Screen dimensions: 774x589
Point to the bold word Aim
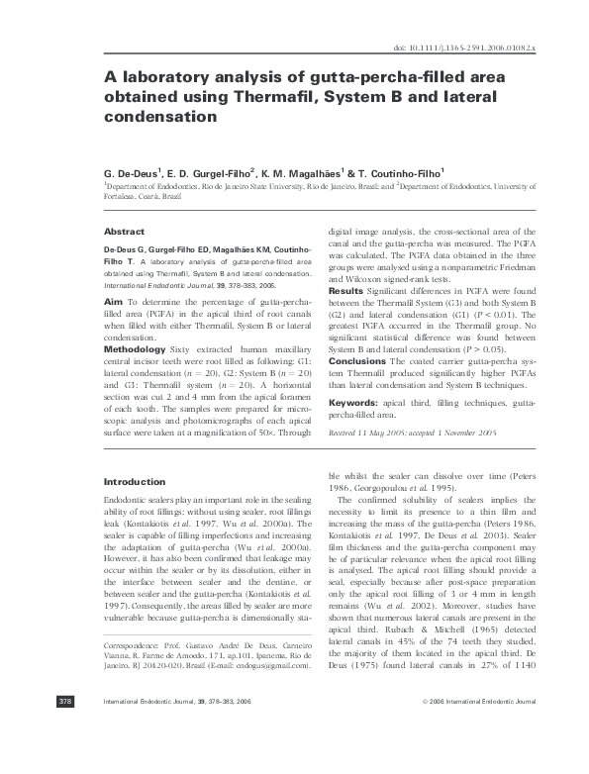[113, 300]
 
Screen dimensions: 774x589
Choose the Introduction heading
[135, 481]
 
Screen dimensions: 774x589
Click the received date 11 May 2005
[377, 433]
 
